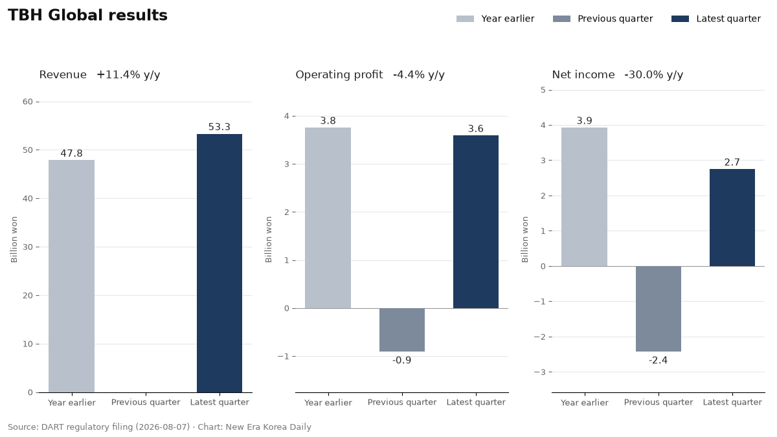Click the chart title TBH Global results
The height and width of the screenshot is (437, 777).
[87, 16]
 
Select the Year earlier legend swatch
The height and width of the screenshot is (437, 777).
[465, 19]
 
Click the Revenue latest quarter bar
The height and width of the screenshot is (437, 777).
[220, 263]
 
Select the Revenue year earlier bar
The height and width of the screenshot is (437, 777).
[71, 276]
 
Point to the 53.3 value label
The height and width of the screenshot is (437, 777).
[220, 127]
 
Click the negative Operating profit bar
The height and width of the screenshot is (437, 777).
[401, 330]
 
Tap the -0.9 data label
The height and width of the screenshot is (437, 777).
[401, 361]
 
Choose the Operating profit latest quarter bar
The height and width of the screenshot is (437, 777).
[475, 221]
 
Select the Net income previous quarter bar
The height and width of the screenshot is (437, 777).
[658, 309]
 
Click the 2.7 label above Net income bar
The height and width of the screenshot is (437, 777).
[732, 162]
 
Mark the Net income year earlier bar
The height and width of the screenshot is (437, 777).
[584, 197]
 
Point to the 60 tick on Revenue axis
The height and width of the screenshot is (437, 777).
[28, 102]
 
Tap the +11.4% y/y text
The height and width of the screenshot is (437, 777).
[128, 75]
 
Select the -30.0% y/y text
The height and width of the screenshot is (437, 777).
[653, 75]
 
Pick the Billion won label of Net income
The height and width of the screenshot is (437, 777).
[525, 240]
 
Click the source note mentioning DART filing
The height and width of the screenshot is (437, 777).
[159, 427]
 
